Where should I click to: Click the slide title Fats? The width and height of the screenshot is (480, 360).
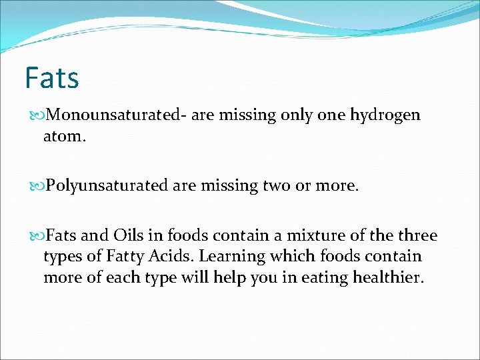click(52, 78)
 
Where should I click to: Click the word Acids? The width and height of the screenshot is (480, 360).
click(175, 257)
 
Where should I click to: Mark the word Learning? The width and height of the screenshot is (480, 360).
click(233, 257)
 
